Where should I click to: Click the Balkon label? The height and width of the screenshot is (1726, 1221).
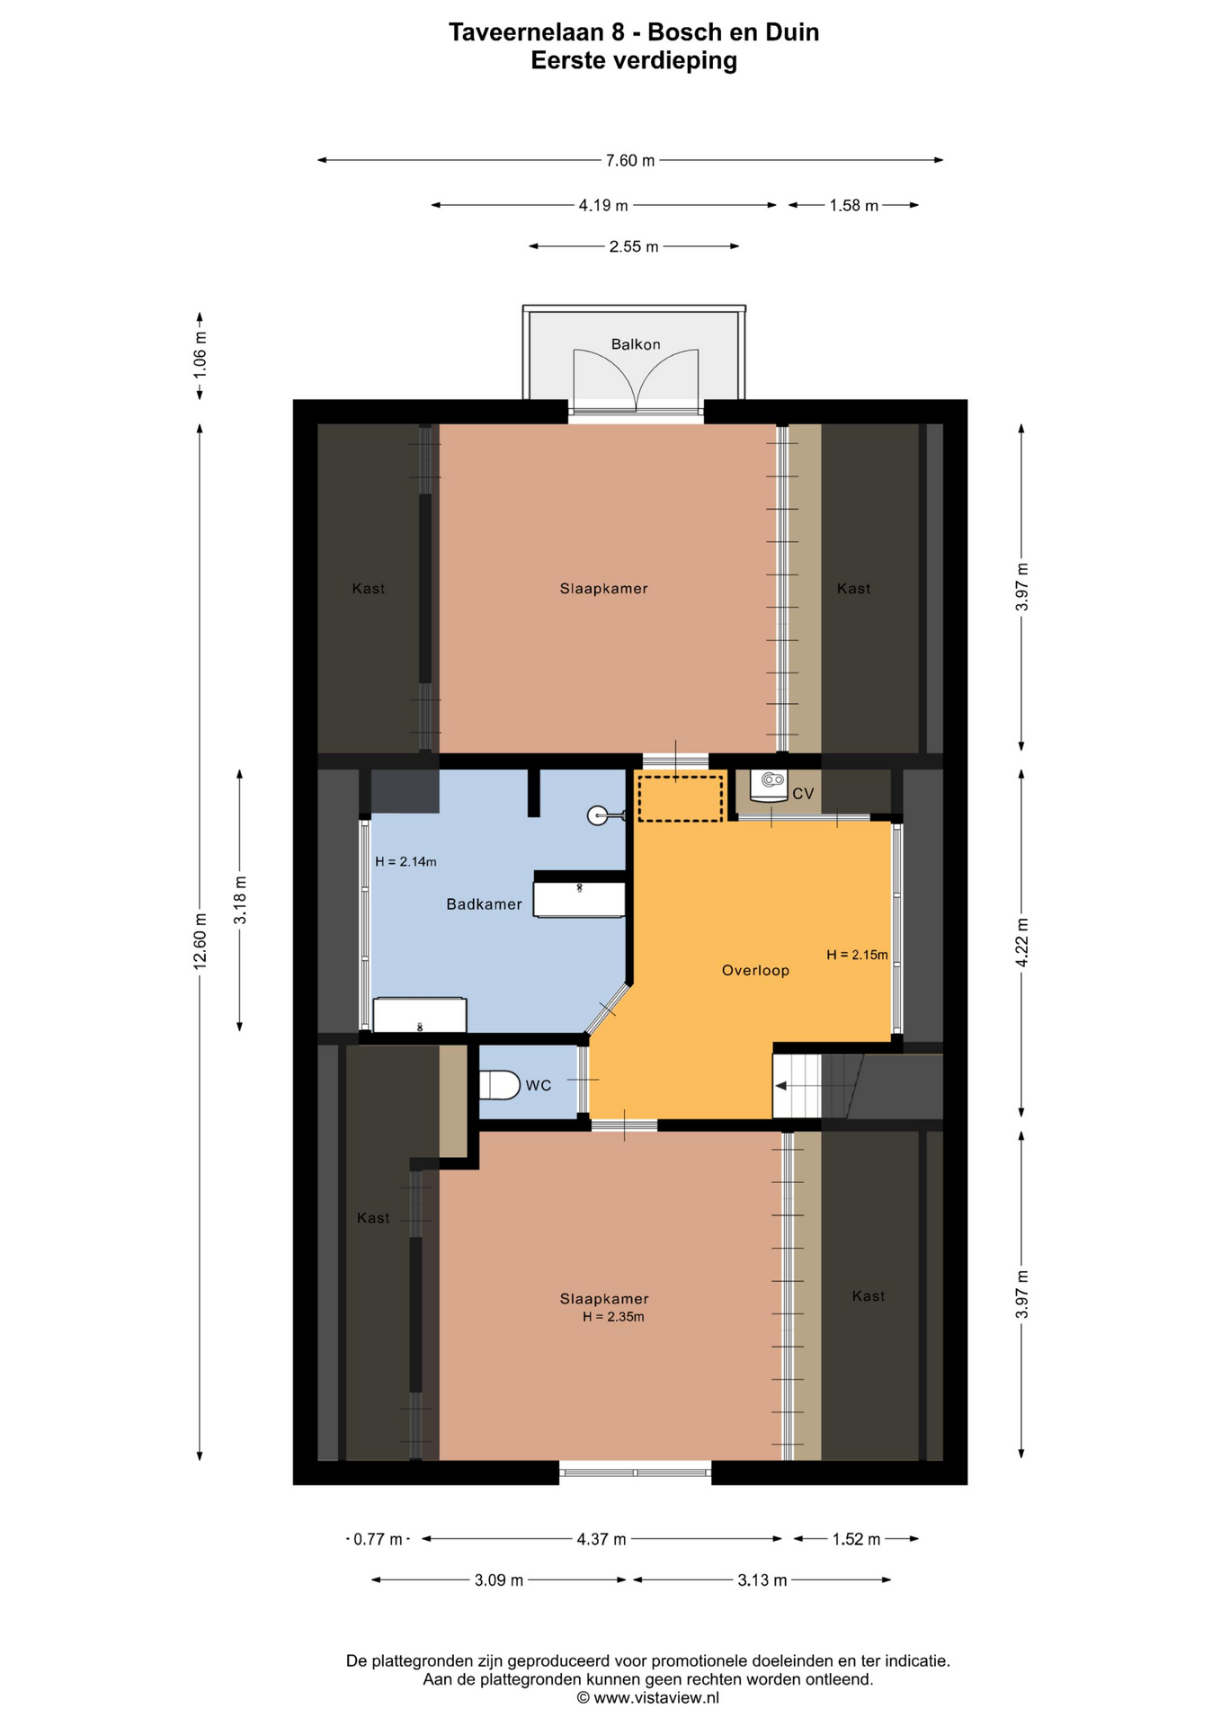(x=635, y=344)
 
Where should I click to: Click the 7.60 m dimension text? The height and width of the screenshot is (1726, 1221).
(x=629, y=161)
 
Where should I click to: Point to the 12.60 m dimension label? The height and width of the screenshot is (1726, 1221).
(x=200, y=940)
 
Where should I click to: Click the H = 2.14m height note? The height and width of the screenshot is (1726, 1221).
(x=406, y=861)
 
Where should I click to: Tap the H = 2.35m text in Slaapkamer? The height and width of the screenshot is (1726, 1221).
(x=613, y=1317)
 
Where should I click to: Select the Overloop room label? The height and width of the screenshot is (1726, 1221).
(x=755, y=970)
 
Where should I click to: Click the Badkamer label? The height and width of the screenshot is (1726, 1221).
(x=484, y=904)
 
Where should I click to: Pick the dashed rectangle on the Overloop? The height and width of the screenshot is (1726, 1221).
(x=680, y=797)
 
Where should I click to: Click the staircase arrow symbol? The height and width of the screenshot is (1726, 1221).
(x=781, y=1086)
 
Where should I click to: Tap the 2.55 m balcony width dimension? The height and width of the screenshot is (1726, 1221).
(x=633, y=246)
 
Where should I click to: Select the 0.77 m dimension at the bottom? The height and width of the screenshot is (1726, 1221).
(x=378, y=1539)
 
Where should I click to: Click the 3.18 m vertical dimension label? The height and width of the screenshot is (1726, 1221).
(x=239, y=900)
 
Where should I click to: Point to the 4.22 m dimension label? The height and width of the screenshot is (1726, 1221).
(x=1021, y=942)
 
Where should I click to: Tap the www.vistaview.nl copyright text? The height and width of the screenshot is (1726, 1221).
(x=647, y=1697)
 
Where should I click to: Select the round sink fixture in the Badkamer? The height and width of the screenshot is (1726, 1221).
(x=598, y=815)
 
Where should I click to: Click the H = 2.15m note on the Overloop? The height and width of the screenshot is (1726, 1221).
(x=857, y=955)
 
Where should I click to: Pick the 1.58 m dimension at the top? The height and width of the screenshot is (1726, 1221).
(x=853, y=206)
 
